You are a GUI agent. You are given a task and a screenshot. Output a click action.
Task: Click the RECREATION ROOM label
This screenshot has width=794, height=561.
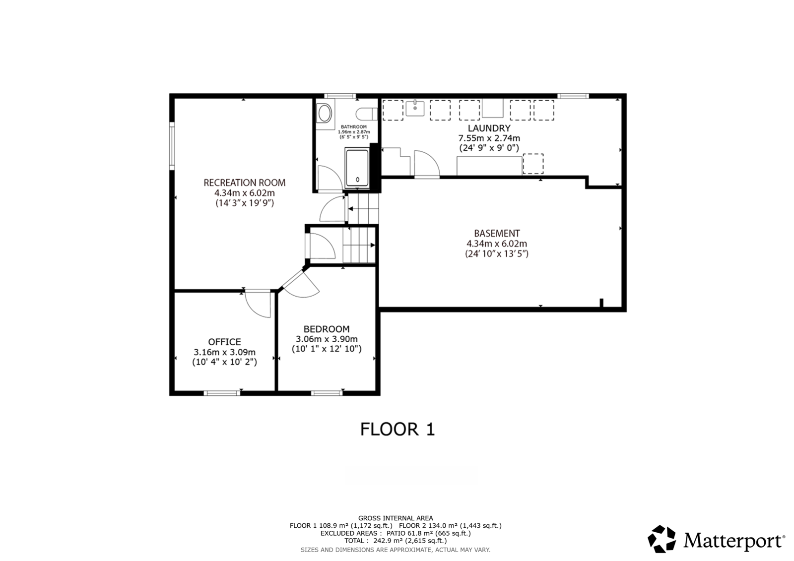244,183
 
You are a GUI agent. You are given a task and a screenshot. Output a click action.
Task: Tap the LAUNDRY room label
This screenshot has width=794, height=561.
489,128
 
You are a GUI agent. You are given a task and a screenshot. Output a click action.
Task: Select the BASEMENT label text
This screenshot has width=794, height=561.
497,234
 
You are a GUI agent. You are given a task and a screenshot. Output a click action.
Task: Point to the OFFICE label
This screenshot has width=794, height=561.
224,342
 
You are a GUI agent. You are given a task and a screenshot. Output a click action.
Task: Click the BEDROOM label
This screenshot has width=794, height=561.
327,329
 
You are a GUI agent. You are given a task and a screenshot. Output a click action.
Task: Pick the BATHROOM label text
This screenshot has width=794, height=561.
354,127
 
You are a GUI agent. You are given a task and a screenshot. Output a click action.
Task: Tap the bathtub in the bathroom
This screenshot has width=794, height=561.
357,168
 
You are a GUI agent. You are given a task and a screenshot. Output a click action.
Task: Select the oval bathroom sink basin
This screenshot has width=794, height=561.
325,114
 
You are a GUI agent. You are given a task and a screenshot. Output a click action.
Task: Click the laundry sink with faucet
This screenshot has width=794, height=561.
415,108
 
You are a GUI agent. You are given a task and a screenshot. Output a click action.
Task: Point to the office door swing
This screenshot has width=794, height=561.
258,304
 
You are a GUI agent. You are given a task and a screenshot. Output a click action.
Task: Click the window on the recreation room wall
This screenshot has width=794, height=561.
172,146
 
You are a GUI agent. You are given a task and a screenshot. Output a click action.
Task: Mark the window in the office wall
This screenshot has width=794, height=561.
222,393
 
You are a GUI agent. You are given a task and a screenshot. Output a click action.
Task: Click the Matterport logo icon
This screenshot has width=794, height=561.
662,539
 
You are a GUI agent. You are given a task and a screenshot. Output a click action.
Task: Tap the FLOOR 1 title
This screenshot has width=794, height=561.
397,430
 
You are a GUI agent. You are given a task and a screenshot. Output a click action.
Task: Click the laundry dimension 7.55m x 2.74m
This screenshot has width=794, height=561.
489,138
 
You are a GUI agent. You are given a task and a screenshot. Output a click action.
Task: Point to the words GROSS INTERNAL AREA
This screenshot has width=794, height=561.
396,518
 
